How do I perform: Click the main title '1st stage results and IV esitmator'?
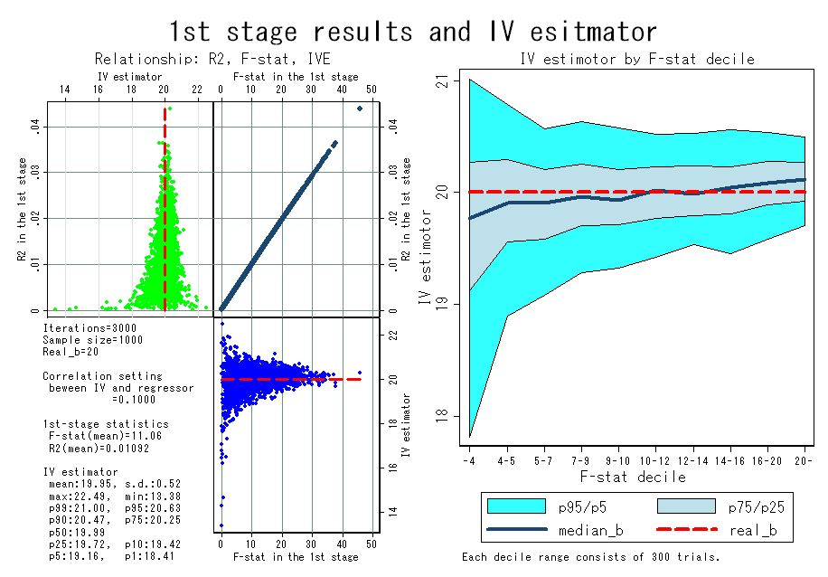coord(413,31)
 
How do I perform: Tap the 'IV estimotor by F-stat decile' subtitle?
coord(637,59)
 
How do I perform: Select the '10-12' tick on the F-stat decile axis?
coord(654,460)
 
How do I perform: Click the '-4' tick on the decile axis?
coord(469,460)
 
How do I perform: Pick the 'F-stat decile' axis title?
coord(633,478)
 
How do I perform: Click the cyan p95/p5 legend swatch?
coord(516,506)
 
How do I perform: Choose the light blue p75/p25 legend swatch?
coord(686,506)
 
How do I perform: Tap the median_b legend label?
coord(591,530)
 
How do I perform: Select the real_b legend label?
coord(753,530)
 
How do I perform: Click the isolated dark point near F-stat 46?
coord(360,109)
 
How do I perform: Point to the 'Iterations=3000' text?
coord(89,328)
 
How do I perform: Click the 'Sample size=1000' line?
coord(93,340)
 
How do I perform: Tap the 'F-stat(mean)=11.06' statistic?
coord(105,436)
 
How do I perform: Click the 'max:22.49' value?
coord(80,497)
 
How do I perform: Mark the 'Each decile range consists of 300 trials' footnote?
coord(591,557)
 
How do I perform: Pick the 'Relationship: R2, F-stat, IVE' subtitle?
coord(212,59)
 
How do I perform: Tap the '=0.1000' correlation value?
coord(134,400)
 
